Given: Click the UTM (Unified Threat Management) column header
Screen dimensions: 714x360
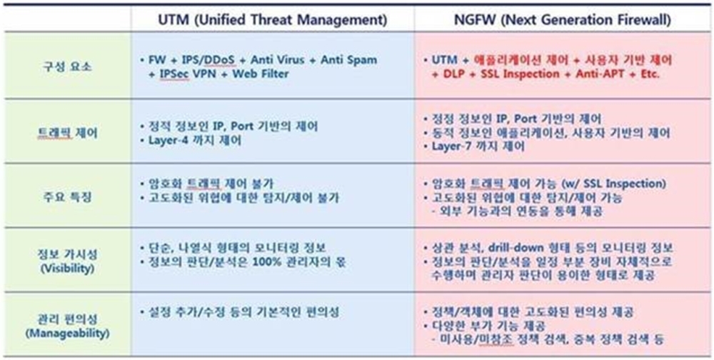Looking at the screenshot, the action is coord(273,19).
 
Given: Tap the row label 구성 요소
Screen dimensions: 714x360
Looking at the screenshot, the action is coord(67,66).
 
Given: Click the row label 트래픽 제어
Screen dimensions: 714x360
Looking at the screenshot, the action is coord(67,134).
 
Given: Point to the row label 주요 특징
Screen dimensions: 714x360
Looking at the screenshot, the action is coord(67,197).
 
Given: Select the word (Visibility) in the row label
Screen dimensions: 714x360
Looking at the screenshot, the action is coord(67,269).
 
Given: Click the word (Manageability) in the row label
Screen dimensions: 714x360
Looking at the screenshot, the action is coord(67,333).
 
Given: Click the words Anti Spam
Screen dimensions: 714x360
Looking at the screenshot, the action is coord(349,60).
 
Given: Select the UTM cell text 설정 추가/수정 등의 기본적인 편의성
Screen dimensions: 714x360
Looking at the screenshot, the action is coord(243,312).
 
